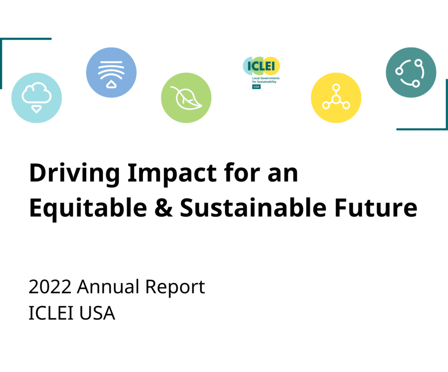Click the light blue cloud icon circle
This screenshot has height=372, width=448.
[x=37, y=98]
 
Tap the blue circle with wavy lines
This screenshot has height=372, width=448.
[x=112, y=72]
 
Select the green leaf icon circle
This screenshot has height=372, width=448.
[x=186, y=98]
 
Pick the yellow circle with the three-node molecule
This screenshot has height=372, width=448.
[x=336, y=98]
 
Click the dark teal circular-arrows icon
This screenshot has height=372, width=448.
[x=411, y=72]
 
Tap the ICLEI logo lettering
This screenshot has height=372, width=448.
[x=261, y=66]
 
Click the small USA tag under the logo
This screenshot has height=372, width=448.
[x=256, y=86]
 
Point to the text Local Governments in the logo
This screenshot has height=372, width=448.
[x=266, y=78]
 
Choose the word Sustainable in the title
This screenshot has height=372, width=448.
[x=253, y=208]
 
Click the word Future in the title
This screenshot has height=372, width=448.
[x=376, y=208]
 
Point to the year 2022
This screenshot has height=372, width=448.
[x=50, y=287]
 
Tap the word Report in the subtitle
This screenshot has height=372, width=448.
[x=175, y=288]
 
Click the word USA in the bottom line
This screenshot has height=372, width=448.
[x=97, y=313]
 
